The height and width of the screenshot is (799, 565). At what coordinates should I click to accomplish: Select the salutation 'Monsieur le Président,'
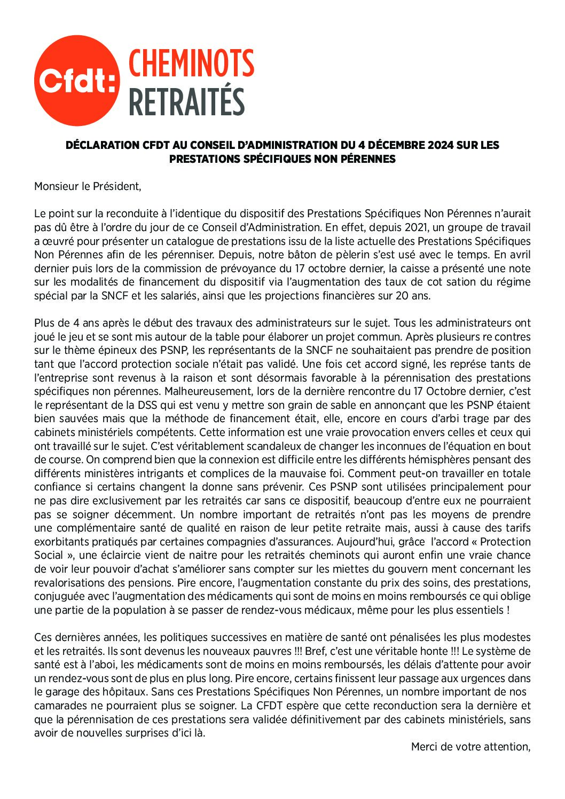pos(88,186)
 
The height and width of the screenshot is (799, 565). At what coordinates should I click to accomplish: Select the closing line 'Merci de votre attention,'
pos(470,747)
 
